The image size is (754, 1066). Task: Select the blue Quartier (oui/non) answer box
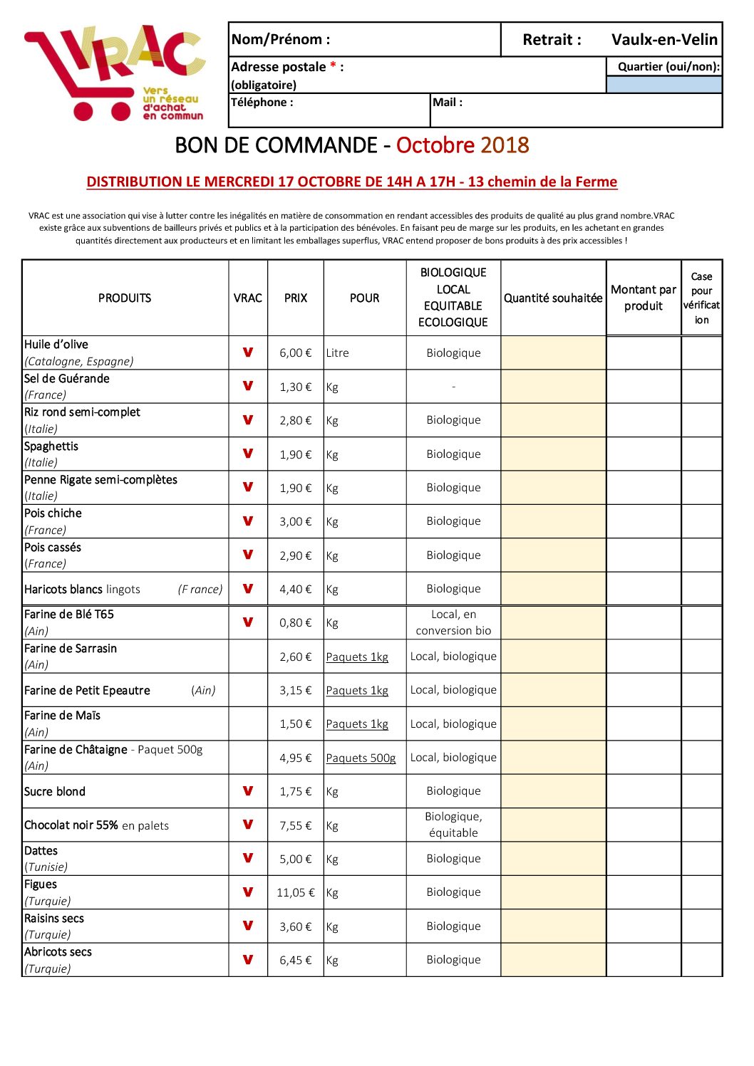pos(663,85)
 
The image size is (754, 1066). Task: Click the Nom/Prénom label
pos(281,40)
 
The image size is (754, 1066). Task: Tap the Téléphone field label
pos(262,103)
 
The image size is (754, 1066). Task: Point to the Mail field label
pos(448,103)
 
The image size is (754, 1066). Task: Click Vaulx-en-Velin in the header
pos(664,40)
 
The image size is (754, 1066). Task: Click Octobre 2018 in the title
pos(463,145)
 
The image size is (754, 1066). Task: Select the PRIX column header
pos(296,298)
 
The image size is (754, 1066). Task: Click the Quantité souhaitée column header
pos(553,298)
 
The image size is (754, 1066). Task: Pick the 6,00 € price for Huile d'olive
pos(296,353)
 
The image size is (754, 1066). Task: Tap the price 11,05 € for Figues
pos(296,893)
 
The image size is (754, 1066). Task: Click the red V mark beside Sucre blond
pos(248,791)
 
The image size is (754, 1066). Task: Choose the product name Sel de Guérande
pos(67,379)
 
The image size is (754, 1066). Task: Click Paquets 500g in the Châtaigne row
pos(361,758)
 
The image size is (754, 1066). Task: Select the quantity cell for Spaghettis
pos(553,454)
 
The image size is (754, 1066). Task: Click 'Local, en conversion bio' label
pos(453,623)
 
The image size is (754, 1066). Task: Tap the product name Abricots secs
pos(58,952)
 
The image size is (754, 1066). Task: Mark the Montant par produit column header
pos(644,298)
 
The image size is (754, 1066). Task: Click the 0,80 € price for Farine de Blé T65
pos(296,623)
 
